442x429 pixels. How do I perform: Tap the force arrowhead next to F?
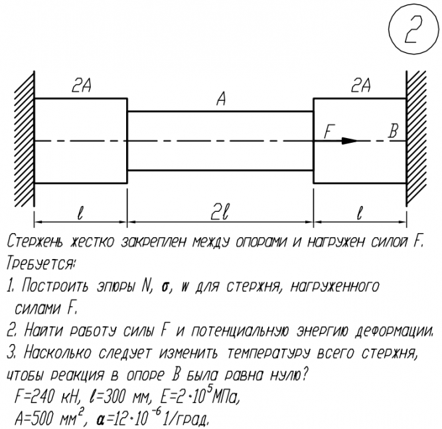349,140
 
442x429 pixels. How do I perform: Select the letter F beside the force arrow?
327,131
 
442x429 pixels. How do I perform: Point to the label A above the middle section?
221,100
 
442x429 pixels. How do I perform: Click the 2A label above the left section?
82,85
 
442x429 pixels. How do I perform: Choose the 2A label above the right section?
360,85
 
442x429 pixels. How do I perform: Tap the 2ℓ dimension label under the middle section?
220,213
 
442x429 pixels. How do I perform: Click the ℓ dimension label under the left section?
80,213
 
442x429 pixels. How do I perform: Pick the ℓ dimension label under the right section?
359,213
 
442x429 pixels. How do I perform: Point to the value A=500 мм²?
52,420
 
